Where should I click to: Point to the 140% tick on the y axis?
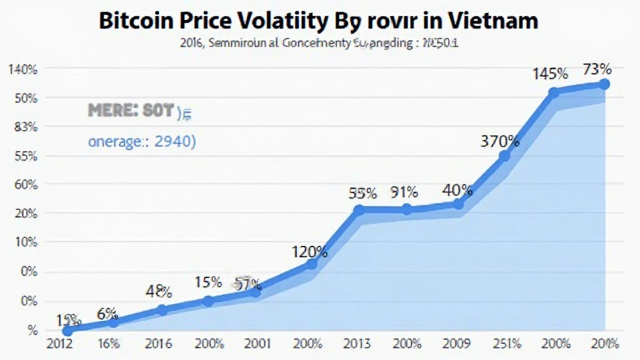pos(23,69)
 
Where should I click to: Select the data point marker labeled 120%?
pos(311,264)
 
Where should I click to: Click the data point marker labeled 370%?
pos(505,156)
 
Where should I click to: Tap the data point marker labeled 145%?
pos(554,92)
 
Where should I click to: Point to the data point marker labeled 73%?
pos(604,84)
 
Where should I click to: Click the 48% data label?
pos(159,291)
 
